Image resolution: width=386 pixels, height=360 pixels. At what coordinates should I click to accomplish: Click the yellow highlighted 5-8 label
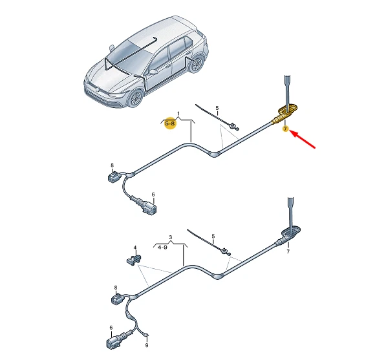(x=171, y=123)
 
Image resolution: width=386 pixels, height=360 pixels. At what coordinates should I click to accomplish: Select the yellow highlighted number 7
(x=284, y=129)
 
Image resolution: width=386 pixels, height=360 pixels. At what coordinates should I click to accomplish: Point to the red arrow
(x=305, y=140)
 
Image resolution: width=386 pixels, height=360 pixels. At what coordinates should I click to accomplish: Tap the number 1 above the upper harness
(x=179, y=112)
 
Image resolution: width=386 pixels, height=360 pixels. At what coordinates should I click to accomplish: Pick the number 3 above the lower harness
(x=170, y=237)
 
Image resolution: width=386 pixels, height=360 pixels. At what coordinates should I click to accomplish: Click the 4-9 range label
(x=162, y=246)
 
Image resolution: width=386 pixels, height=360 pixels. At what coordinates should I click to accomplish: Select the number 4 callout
(x=135, y=248)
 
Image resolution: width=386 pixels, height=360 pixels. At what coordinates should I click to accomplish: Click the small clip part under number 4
(x=133, y=259)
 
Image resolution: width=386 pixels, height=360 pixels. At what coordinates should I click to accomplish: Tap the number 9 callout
(x=147, y=346)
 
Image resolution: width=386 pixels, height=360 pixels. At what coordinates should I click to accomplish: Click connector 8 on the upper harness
(x=114, y=176)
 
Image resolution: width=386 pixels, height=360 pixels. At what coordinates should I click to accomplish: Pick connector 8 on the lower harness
(x=118, y=299)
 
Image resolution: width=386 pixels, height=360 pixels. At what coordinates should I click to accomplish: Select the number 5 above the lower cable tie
(x=213, y=237)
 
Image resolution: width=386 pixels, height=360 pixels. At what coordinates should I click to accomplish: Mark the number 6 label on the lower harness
(x=110, y=328)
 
